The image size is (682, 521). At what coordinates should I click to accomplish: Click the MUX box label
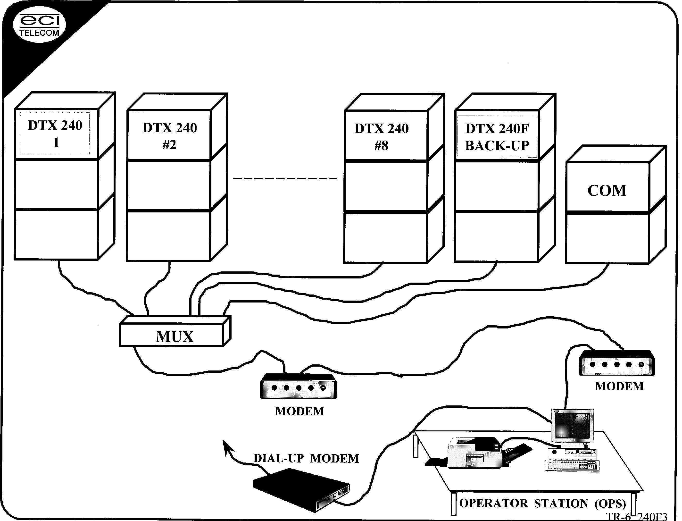(175, 337)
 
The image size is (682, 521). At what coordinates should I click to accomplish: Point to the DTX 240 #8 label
(381, 137)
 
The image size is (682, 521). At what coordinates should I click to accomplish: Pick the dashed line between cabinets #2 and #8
(285, 179)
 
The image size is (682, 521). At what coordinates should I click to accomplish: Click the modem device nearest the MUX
(299, 387)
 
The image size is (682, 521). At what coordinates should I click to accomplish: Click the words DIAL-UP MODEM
(306, 458)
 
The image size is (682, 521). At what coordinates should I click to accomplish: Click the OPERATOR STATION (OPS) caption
(542, 503)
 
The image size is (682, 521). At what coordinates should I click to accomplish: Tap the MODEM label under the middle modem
(299, 411)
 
